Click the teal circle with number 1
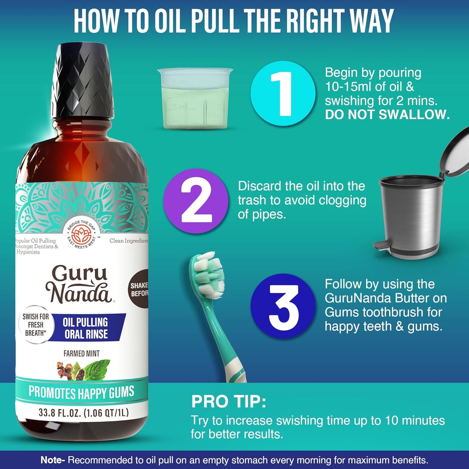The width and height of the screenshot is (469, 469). [x=283, y=93]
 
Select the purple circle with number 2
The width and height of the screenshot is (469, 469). [x=196, y=201]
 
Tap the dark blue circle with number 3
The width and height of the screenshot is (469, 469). [x=283, y=306]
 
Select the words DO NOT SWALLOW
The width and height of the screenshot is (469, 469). [x=387, y=115]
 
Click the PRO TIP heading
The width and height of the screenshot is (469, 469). [x=228, y=402]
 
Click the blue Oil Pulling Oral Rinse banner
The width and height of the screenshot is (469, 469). [x=86, y=328]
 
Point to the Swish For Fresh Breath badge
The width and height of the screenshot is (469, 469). [x=35, y=325]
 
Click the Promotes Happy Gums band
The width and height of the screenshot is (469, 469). [x=81, y=392]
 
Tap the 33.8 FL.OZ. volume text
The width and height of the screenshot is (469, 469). [x=83, y=413]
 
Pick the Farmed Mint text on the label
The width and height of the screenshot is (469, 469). [x=81, y=353]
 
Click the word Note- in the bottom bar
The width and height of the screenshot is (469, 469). [x=53, y=460]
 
